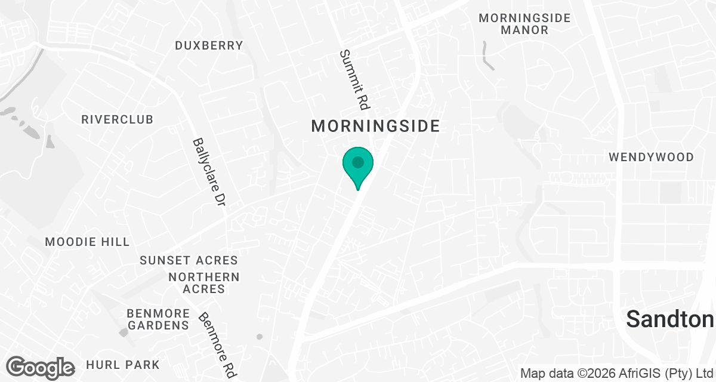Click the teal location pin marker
(x=357, y=167)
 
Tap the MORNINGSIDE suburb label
(x=376, y=126)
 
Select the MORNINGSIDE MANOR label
(x=524, y=24)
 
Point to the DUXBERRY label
(x=209, y=45)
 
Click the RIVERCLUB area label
(x=118, y=119)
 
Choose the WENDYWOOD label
(x=651, y=157)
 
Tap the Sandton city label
(x=670, y=320)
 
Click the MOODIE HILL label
(x=87, y=242)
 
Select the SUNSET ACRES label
(x=189, y=260)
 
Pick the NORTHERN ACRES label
(x=204, y=283)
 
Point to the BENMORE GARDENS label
(x=158, y=319)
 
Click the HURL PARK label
(x=123, y=364)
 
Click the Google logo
(x=40, y=367)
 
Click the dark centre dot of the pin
(x=357, y=162)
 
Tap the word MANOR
(x=524, y=30)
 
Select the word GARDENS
(x=158, y=325)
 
